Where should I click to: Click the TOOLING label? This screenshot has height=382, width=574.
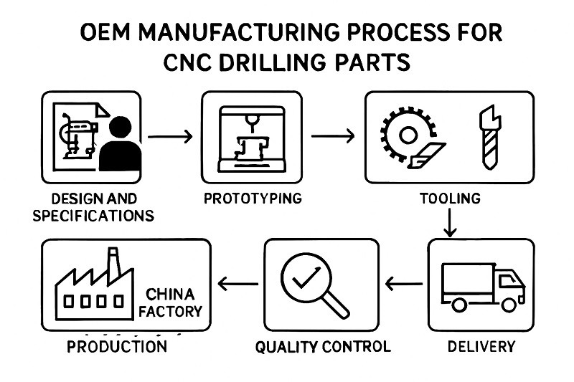tap(450, 199)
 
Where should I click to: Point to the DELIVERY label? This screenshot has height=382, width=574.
tap(481, 347)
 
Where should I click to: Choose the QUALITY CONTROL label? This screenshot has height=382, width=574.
tap(323, 347)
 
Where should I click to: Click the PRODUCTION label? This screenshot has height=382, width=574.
tap(117, 347)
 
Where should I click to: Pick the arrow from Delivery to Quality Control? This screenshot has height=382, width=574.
tap(404, 285)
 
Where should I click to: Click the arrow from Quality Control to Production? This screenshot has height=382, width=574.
tap(237, 285)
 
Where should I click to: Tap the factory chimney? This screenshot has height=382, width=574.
tap(113, 262)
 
